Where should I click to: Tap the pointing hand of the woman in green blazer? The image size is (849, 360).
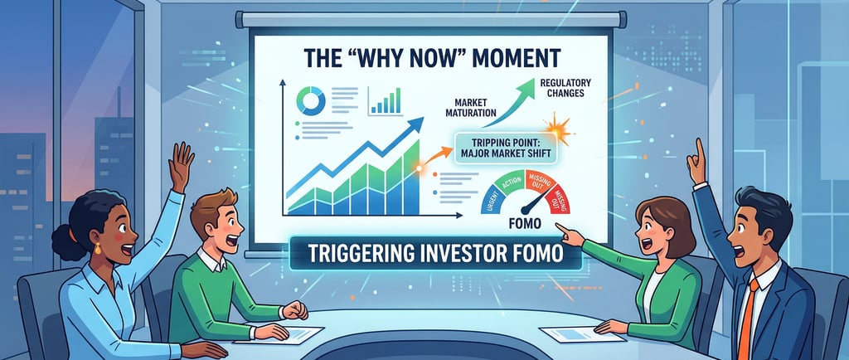point(566,231)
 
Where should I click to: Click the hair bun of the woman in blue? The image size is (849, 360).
point(62,242)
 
